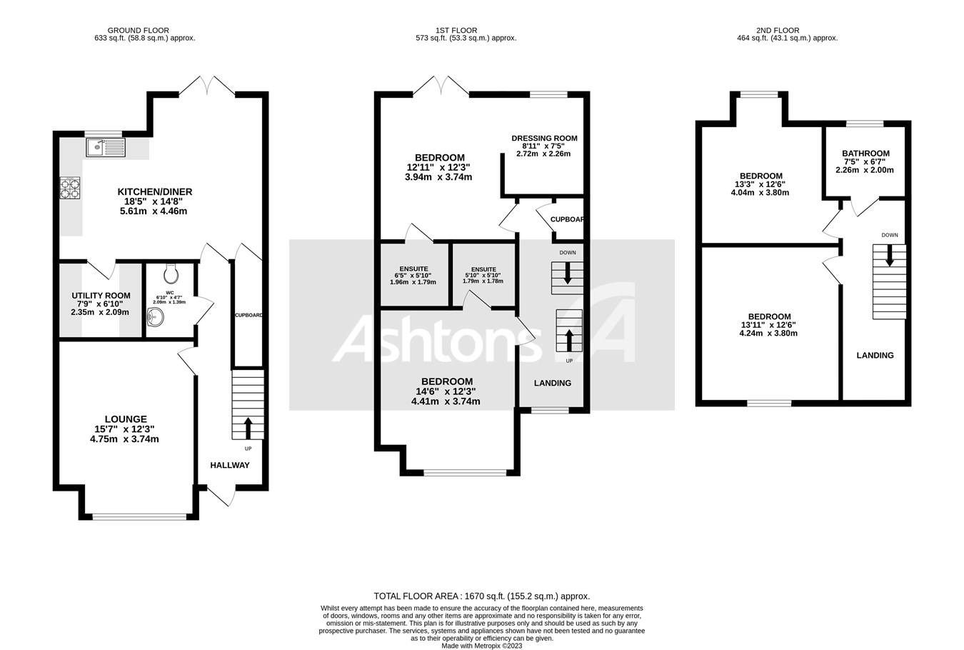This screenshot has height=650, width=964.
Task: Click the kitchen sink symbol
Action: (105, 147)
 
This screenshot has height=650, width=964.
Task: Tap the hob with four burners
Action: (69, 188)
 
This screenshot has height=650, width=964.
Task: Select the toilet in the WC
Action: (171, 274)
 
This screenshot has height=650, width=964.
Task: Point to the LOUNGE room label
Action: (126, 419)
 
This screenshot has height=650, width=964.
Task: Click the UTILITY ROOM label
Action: (101, 296)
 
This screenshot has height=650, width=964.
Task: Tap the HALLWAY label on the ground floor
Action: (229, 465)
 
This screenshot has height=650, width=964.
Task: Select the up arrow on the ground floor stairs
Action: (248, 427)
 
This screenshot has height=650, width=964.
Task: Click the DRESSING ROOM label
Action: (544, 139)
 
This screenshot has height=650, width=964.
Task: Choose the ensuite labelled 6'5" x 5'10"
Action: (414, 276)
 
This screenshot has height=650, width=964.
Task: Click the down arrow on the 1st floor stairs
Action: (568, 273)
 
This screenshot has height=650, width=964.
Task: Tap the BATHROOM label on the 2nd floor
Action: (865, 154)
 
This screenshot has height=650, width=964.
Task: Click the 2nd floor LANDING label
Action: (875, 355)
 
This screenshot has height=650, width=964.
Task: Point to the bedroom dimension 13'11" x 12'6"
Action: (769, 325)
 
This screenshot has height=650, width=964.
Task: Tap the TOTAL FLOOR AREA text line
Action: (482, 596)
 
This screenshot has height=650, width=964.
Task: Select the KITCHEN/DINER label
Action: (155, 191)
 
